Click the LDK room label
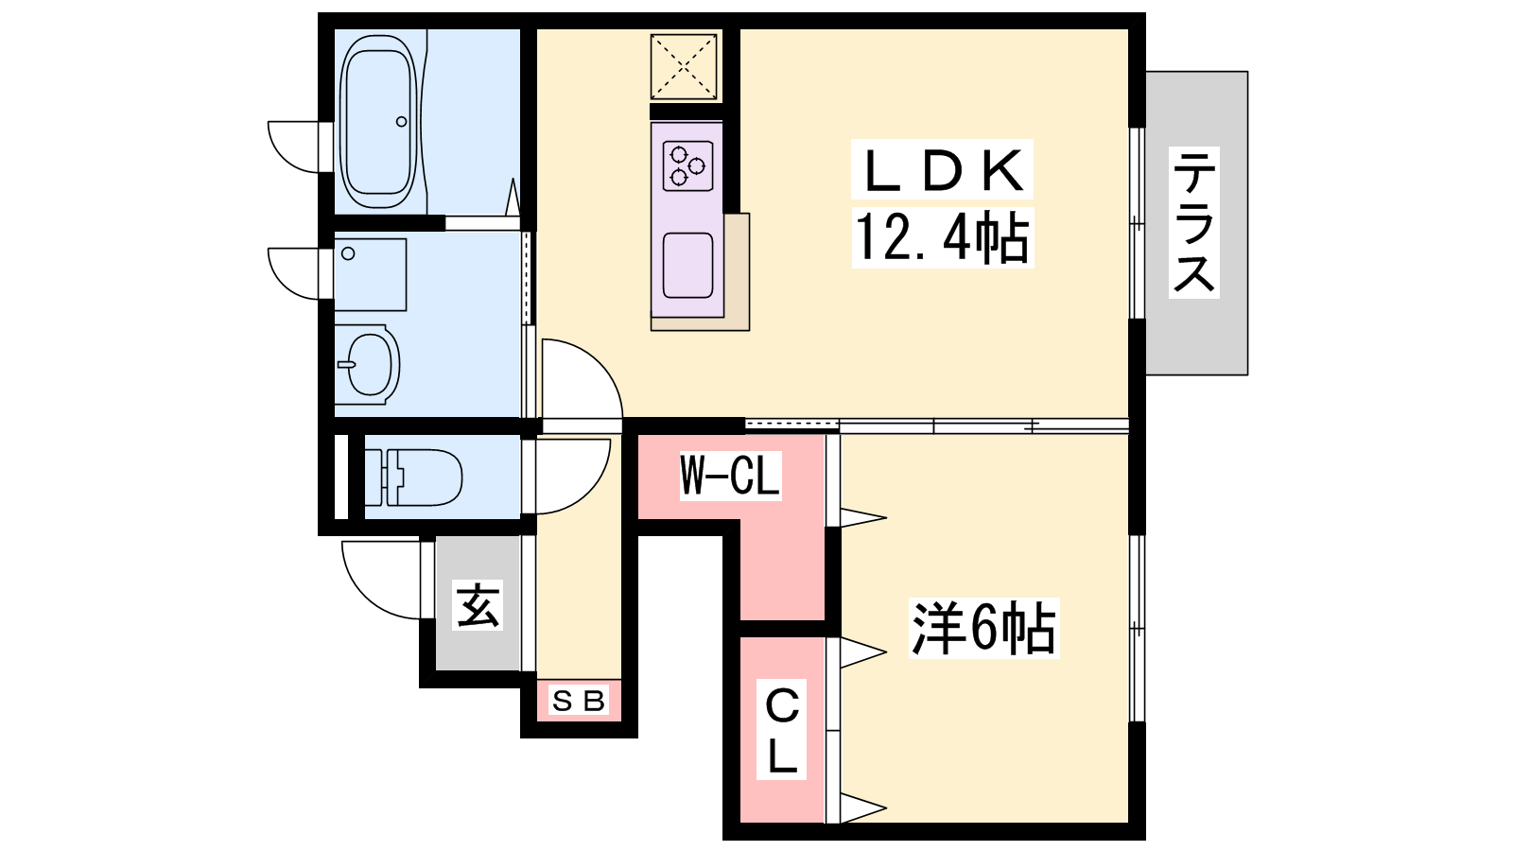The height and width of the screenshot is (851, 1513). point(942,171)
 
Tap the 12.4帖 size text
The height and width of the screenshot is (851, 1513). point(942,237)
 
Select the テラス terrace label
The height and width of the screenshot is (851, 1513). point(1194,222)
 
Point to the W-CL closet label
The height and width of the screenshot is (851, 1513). point(729,476)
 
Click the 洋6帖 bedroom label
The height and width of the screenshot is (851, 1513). point(983,628)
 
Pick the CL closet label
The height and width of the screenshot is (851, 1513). point(781,729)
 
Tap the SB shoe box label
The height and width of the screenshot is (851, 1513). point(578,701)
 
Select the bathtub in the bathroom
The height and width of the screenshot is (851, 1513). point(377,122)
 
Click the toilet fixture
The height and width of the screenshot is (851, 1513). point(413,478)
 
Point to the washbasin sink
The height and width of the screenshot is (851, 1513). point(368,365)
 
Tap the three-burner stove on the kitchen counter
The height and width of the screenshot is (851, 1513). point(687,165)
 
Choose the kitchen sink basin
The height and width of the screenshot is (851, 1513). point(687,266)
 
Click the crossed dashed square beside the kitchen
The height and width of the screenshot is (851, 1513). point(684,67)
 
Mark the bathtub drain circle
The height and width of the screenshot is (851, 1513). point(401,122)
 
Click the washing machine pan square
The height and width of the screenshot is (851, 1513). point(370,274)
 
